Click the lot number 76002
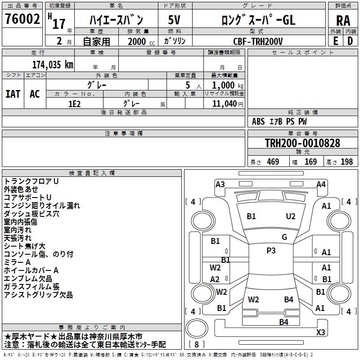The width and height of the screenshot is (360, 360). click(22, 19)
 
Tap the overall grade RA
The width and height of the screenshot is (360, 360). click(343, 21)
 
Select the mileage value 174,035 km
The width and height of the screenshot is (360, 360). click(53, 65)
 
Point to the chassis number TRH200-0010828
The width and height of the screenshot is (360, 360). click(302, 144)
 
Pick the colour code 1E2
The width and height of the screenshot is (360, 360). click(74, 103)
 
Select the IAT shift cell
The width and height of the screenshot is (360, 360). click(13, 94)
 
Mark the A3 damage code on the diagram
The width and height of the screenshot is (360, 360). click(220, 184)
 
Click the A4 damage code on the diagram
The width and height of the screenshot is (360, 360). click(321, 184)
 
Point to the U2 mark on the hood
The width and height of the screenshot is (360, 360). click(291, 216)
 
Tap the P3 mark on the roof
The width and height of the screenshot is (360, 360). click(271, 251)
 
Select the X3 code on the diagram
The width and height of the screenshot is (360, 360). click(320, 333)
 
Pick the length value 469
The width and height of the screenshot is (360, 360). click(273, 162)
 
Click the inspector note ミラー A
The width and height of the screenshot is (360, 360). click(17, 262)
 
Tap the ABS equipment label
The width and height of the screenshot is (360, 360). click(258, 121)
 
